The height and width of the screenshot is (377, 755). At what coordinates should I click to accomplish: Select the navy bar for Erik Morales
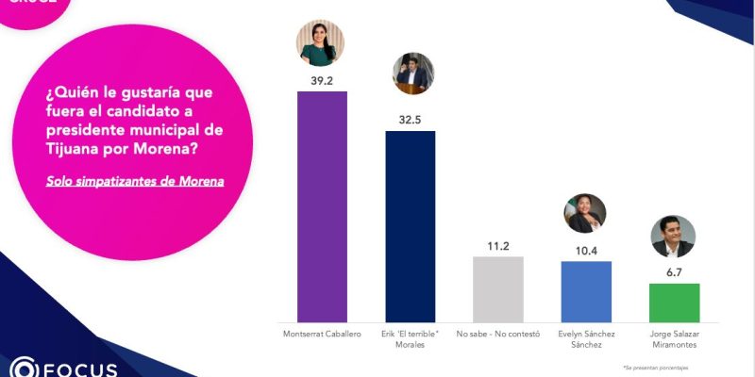click(411, 226)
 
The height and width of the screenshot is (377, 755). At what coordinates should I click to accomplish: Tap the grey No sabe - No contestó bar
click(498, 288)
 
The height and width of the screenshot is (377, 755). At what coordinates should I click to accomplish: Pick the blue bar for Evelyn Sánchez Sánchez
click(586, 291)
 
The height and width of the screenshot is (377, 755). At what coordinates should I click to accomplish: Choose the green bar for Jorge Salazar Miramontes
click(674, 302)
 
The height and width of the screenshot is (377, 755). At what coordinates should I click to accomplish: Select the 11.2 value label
click(498, 246)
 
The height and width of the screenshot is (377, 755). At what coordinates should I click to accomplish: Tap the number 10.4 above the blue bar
click(586, 250)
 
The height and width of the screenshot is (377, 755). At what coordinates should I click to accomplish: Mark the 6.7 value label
click(674, 271)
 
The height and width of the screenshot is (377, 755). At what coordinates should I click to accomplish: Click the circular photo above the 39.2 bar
click(321, 42)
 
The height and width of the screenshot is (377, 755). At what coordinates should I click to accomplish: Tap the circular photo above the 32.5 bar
click(412, 74)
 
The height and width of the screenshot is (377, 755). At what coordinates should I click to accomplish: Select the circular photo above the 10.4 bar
click(585, 214)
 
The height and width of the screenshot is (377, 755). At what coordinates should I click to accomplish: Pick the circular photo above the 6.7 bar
click(673, 237)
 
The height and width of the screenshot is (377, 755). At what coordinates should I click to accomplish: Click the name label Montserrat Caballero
click(322, 334)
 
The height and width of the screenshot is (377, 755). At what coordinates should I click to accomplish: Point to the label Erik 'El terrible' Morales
click(411, 338)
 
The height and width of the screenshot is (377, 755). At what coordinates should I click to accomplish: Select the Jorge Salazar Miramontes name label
click(674, 338)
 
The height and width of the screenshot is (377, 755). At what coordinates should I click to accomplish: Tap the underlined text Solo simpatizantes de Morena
click(135, 180)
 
